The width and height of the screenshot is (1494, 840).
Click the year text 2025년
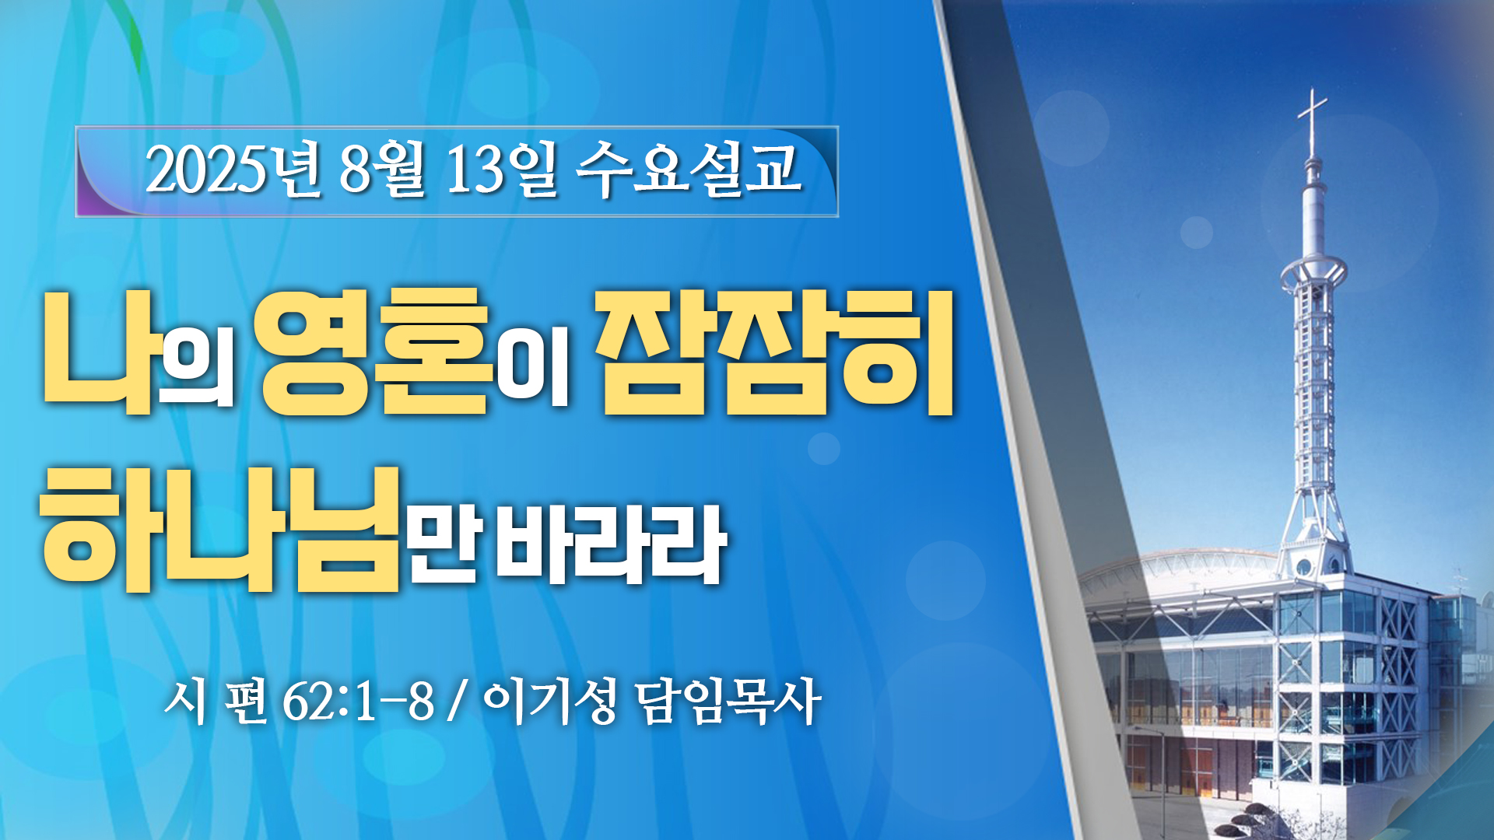coord(234,169)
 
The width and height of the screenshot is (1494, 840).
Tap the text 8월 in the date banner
coord(382,169)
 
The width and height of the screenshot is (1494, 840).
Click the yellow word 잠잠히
coord(775,353)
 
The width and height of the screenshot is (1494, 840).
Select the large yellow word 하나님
coord(221,530)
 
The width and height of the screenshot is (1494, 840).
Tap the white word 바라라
coord(611,544)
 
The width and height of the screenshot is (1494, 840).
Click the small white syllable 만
coord(446,544)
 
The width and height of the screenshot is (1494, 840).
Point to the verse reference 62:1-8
coord(358,702)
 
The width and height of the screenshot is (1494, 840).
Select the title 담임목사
coord(728,702)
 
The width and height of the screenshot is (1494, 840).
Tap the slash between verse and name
coord(458,702)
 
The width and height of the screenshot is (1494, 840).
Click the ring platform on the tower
coord(1313,271)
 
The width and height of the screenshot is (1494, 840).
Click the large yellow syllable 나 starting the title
coord(98,352)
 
